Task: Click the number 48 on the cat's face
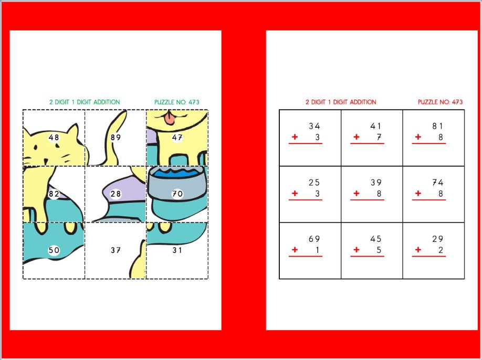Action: pos(54,138)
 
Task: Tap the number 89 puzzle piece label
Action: pos(116,138)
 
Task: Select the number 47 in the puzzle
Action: pos(177,138)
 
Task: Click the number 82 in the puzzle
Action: pos(54,194)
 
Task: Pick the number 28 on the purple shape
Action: pos(116,194)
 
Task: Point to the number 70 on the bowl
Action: pos(177,194)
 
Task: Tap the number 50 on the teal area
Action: pos(54,250)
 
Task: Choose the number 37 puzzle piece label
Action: pos(116,250)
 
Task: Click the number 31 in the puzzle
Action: pos(177,250)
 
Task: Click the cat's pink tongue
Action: pos(169,120)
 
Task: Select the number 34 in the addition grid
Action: pos(314,126)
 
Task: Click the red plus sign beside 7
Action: pos(357,137)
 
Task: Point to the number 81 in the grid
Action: pos(438,126)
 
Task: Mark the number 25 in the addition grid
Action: pos(314,182)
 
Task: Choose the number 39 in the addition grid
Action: pos(376,182)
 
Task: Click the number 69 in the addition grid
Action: pos(314,239)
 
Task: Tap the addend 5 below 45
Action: pos(379,250)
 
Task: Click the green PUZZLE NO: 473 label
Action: pos(177,102)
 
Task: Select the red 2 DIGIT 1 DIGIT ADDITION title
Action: pos(341,102)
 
